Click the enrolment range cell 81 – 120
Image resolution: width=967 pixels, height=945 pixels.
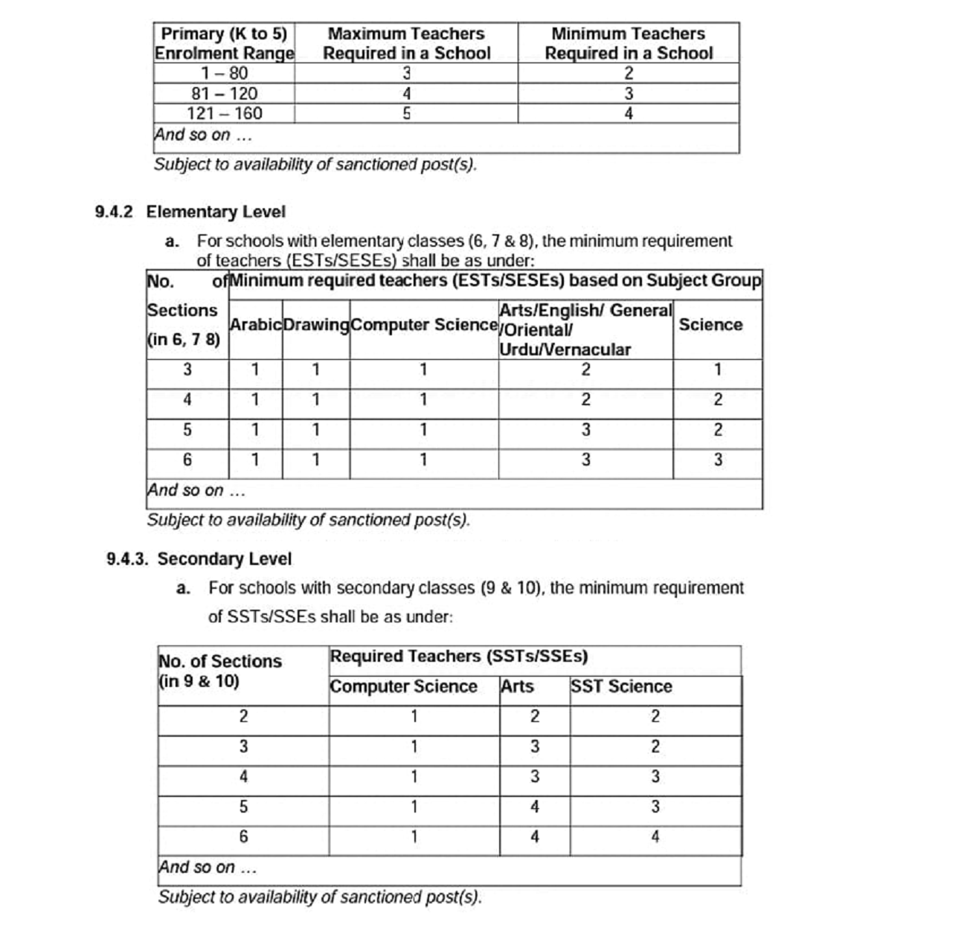click(x=224, y=94)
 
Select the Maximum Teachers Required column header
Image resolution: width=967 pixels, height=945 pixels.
click(x=406, y=43)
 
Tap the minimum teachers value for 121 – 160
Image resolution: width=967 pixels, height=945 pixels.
click(x=629, y=114)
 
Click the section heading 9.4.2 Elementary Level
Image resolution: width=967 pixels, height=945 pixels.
click(x=190, y=212)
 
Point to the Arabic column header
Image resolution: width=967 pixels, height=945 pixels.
click(x=255, y=325)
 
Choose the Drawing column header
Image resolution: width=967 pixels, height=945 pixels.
click(x=316, y=325)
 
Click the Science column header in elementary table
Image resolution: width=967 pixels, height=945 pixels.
click(x=710, y=325)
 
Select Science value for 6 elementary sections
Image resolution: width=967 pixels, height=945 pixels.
click(x=718, y=460)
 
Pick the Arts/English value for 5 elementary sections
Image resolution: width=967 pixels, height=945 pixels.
click(x=585, y=430)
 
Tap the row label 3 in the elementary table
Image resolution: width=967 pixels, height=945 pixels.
click(x=187, y=370)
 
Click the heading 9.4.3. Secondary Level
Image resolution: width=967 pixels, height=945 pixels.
click(x=199, y=559)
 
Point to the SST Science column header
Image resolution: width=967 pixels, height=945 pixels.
click(x=621, y=686)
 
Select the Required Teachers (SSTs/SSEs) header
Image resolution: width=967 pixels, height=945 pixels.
click(x=459, y=657)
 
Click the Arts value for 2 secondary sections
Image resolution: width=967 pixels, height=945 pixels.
click(x=534, y=717)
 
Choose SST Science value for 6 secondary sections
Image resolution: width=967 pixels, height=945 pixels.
click(x=655, y=837)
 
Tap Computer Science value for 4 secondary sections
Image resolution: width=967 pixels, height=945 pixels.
click(x=414, y=777)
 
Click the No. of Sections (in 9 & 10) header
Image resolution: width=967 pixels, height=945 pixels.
click(x=220, y=671)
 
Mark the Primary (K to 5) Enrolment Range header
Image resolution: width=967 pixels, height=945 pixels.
click(x=224, y=43)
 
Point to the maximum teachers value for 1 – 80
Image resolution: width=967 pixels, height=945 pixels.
click(x=406, y=73)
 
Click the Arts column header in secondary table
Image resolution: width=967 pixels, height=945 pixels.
click(x=517, y=686)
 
